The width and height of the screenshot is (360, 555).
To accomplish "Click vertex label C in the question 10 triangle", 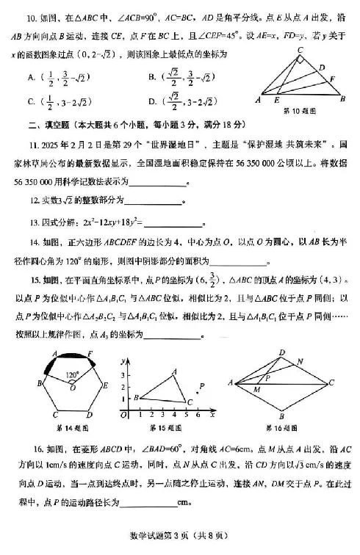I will click(300, 50).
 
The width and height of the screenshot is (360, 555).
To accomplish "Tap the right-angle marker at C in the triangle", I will click(300, 60).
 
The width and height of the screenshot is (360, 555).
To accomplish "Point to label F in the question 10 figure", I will click(332, 79).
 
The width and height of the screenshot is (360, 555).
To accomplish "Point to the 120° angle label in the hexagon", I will click(72, 374).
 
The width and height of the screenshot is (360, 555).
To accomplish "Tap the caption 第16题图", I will click(281, 427).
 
